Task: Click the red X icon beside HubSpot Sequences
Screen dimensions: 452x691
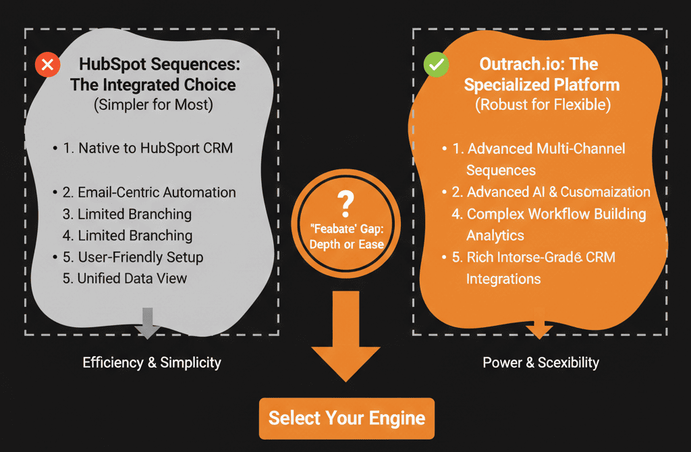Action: [x=48, y=65]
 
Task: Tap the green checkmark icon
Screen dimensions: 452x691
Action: [x=435, y=65]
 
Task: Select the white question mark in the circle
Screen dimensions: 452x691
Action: [x=345, y=200]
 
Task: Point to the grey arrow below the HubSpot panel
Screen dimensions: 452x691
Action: [x=148, y=322]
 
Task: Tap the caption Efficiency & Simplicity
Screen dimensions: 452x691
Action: [x=152, y=362]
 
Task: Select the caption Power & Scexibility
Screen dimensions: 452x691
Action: [x=541, y=362]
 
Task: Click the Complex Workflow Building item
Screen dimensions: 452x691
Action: [x=556, y=214]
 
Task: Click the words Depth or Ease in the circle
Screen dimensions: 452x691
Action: [x=345, y=244]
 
